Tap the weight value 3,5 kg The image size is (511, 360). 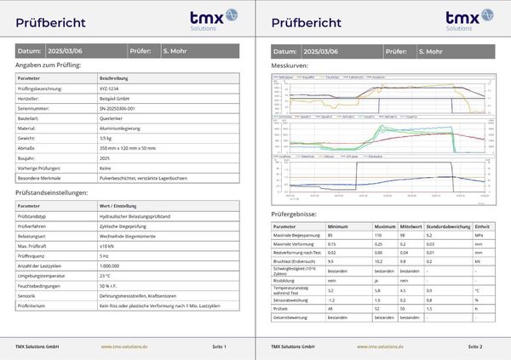pyautogui.click(x=106, y=137)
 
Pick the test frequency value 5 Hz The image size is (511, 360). pyautogui.click(x=104, y=255)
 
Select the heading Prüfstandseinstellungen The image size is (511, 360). pyautogui.click(x=53, y=193)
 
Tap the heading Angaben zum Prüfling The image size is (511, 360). pyautogui.click(x=49, y=65)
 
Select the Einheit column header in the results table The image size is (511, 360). pyautogui.click(x=481, y=227)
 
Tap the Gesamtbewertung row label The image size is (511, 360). pyautogui.click(x=291, y=317)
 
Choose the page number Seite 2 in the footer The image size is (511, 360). pyautogui.click(x=475, y=346)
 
